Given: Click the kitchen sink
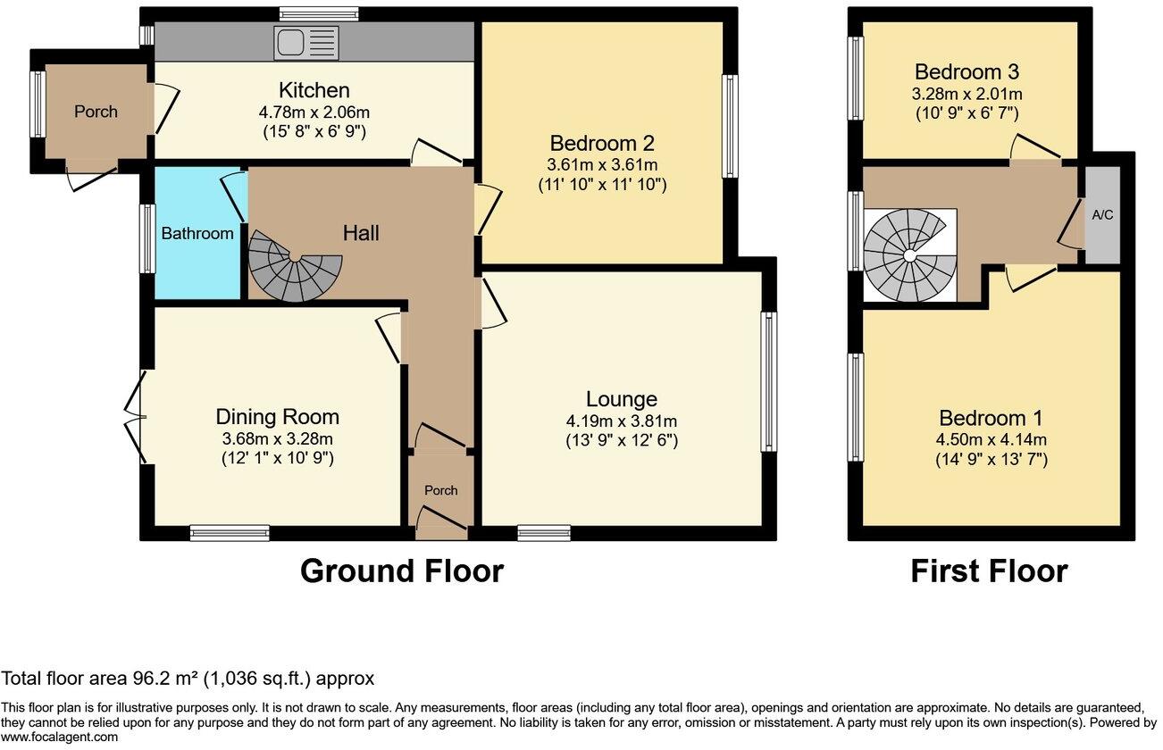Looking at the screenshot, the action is [x=306, y=42].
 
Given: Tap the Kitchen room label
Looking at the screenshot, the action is [x=314, y=90].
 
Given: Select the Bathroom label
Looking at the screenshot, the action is [x=197, y=234].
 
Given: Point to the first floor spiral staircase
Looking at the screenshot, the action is [x=909, y=255].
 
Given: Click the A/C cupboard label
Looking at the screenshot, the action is [x=1102, y=215].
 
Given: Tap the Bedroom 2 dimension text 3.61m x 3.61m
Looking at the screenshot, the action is [x=602, y=165].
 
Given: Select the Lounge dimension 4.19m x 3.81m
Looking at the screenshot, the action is [x=622, y=421].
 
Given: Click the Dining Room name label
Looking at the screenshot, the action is [x=277, y=417].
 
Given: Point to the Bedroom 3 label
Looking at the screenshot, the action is [x=966, y=72].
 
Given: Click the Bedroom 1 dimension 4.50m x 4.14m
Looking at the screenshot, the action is [x=991, y=440].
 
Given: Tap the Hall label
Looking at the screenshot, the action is [x=361, y=233].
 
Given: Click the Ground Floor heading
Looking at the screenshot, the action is [x=402, y=571].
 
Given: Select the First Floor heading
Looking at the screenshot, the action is [x=989, y=571].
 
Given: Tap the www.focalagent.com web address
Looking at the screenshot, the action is [x=59, y=737].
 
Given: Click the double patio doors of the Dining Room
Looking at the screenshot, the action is [x=136, y=417].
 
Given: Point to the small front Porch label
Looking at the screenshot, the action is [x=440, y=490].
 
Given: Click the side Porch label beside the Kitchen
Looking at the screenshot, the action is [x=96, y=112].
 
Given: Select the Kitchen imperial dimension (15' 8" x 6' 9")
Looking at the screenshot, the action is [x=314, y=132].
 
